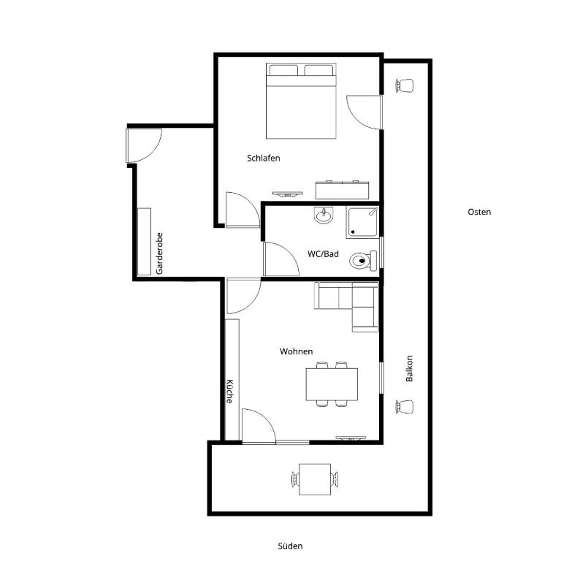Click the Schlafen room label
(263, 158)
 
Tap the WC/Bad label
(323, 254)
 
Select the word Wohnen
(297, 351)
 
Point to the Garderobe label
(159, 253)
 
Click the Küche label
(229, 391)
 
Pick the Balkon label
(409, 368)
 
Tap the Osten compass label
(479, 212)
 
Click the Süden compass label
(290, 546)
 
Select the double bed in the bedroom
(301, 101)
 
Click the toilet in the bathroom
(363, 261)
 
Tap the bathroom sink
(324, 215)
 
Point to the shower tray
(362, 223)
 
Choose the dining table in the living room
(332, 384)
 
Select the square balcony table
(315, 479)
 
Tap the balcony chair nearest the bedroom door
(405, 85)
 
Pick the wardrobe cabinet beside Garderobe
(144, 242)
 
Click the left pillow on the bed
(283, 70)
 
